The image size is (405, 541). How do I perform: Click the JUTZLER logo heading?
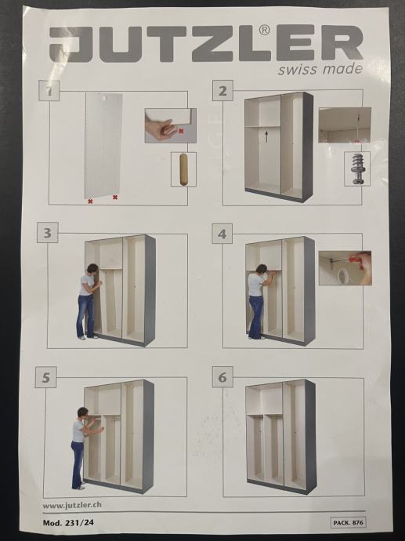[x=206, y=43]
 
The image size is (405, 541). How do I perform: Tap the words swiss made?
[x=320, y=69]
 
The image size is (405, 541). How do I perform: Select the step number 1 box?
[x=49, y=91]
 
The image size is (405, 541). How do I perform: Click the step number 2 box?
[x=222, y=91]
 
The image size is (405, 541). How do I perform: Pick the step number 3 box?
[x=48, y=233]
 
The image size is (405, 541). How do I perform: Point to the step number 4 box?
[x=222, y=234]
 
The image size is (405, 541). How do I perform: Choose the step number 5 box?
[x=46, y=377]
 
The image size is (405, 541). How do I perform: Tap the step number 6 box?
[x=222, y=377]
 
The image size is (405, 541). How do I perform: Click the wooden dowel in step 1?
[x=184, y=170]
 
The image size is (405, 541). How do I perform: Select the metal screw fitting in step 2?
[x=357, y=169]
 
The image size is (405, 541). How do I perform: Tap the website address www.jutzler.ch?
[x=72, y=505]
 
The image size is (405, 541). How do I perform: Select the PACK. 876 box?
[x=348, y=522]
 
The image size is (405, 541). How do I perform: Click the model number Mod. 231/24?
[x=68, y=523]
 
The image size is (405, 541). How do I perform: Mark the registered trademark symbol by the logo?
[x=264, y=31]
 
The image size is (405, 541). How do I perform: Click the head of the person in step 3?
[x=92, y=269]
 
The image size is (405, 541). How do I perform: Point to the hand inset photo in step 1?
[x=171, y=125]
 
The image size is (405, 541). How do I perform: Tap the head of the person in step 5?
[x=83, y=413]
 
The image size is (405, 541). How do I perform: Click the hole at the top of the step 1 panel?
[x=103, y=98]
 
